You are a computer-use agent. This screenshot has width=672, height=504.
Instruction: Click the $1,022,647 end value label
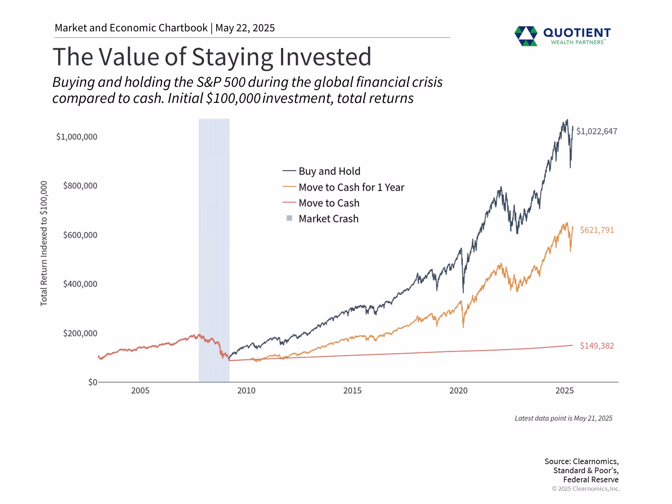[x=596, y=131]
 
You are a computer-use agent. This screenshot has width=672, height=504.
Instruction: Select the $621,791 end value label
[x=597, y=230]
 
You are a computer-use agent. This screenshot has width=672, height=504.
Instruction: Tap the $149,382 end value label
[x=597, y=346]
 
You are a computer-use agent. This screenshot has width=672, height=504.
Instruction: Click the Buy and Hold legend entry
[x=329, y=171]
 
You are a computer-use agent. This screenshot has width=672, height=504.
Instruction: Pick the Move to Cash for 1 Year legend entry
[x=351, y=187]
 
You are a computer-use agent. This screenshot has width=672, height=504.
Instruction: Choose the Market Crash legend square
[x=289, y=218]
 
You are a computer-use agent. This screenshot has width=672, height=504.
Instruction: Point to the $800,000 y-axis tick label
[x=80, y=185]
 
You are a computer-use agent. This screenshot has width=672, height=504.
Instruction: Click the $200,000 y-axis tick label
[x=80, y=333]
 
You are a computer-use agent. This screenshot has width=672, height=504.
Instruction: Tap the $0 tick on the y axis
[x=92, y=382]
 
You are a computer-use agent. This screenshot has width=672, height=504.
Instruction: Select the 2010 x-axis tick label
[x=246, y=391]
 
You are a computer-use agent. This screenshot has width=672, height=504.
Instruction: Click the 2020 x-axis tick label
[x=458, y=391]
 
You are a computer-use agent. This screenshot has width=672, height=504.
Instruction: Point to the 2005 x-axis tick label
[x=140, y=391]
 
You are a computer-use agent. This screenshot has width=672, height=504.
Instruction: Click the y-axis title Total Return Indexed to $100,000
[x=44, y=243]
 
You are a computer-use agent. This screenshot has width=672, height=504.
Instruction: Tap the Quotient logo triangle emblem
[x=526, y=36]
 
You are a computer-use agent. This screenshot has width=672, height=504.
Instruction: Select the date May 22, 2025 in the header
[x=245, y=28]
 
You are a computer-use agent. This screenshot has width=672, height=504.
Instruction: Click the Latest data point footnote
[x=563, y=418]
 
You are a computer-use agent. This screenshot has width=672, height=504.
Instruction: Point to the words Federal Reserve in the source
[x=590, y=479]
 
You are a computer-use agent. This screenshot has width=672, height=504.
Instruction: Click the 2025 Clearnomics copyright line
[x=586, y=489]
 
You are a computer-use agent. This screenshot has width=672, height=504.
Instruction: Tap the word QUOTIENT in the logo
[x=577, y=33]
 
